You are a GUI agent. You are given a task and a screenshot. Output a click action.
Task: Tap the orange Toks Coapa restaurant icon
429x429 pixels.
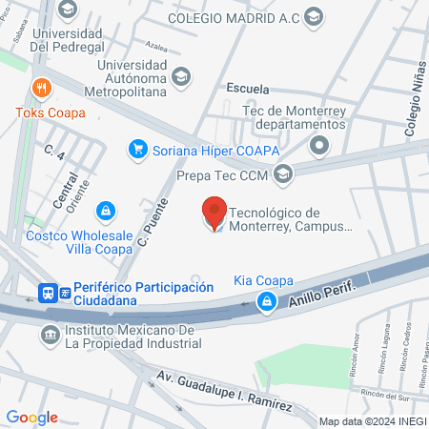(40, 89)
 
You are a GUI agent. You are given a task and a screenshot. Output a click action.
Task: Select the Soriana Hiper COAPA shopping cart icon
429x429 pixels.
(138, 149)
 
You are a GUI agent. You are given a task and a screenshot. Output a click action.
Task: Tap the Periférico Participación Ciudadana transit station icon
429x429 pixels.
(47, 293)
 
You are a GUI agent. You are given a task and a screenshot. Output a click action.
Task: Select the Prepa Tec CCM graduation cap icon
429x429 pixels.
(282, 174)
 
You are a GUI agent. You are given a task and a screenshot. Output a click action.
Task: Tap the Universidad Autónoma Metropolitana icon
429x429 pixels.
(182, 76)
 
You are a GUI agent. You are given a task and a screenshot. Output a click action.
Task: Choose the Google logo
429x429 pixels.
(31, 418)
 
